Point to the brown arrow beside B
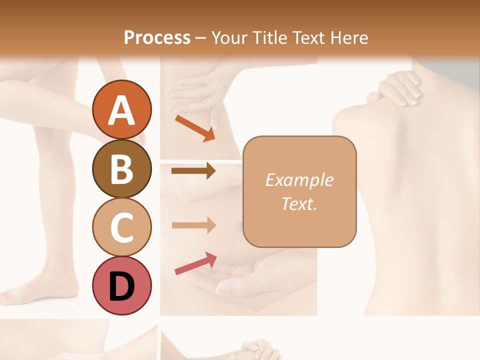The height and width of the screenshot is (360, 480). coord(193,171)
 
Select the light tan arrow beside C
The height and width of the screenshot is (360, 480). coord(193,225)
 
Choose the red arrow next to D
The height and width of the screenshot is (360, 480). coord(195,263)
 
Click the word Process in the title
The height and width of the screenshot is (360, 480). coord(157,37)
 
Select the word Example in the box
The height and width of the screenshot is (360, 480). coord(299,180)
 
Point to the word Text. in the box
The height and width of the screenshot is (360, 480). coord(299,203)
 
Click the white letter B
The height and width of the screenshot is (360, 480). coord(122,169)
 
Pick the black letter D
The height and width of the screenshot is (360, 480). coord(122,286)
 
